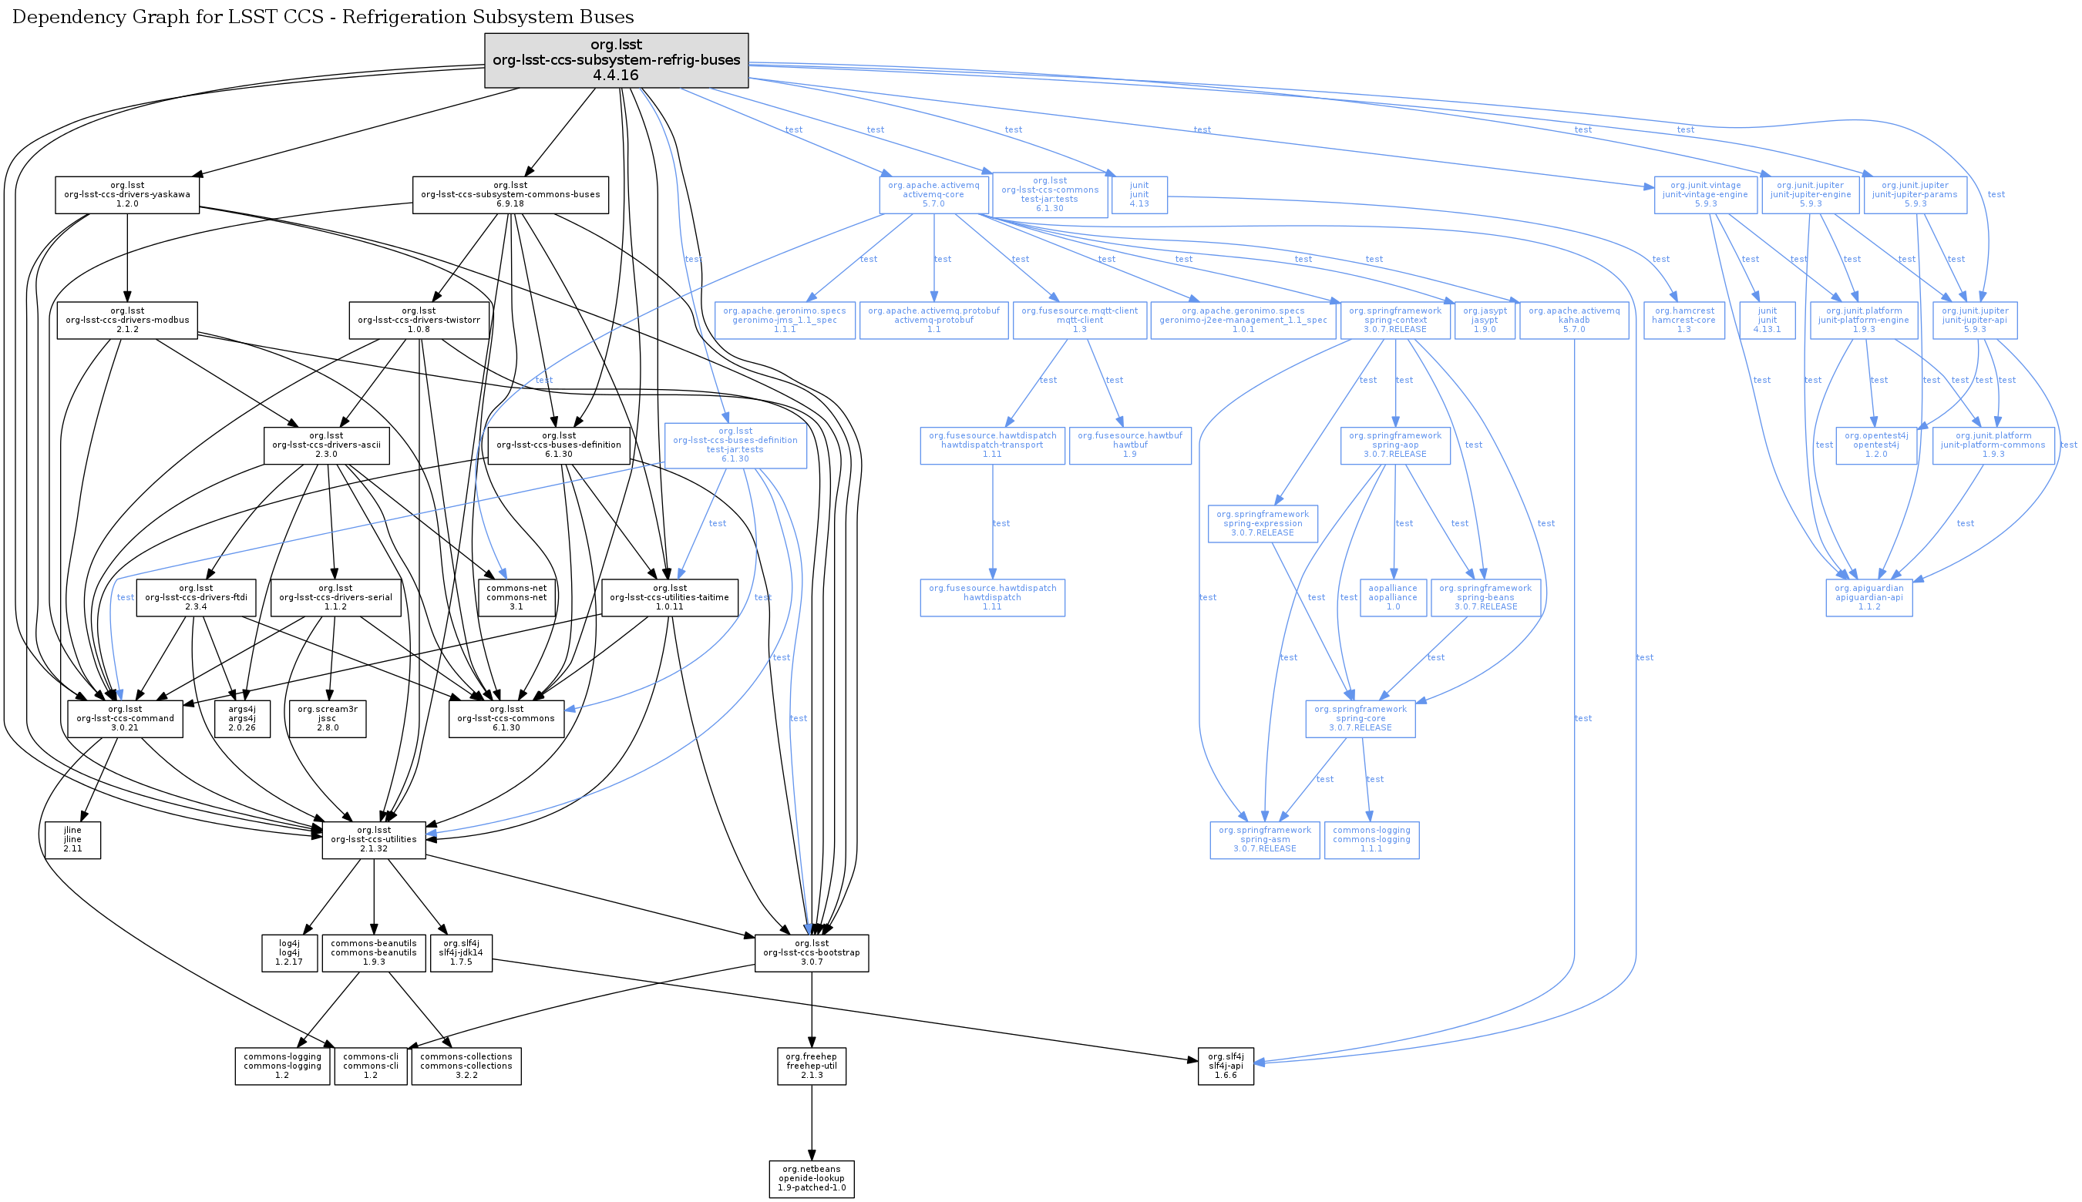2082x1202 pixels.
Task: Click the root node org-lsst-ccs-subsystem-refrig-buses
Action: (x=616, y=60)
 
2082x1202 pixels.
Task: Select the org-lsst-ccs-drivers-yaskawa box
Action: (x=127, y=195)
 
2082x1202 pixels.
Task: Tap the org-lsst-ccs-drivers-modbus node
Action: (x=127, y=321)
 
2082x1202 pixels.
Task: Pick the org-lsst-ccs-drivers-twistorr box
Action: (x=419, y=321)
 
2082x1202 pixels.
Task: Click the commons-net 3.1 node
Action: (x=516, y=598)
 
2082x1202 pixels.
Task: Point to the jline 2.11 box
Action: (x=72, y=840)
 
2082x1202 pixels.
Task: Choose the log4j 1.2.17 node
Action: (x=289, y=952)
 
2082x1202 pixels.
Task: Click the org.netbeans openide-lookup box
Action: (x=811, y=1179)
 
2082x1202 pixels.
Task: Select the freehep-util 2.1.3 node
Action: (x=811, y=1066)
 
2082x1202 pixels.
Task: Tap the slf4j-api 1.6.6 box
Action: (x=1226, y=1066)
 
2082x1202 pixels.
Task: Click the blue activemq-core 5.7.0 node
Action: (x=933, y=195)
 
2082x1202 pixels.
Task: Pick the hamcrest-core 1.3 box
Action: (x=1684, y=321)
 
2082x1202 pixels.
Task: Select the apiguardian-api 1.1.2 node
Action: (x=1869, y=598)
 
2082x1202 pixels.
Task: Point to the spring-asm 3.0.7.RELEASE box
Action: (x=1264, y=840)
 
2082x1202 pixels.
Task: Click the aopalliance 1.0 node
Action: (x=1392, y=598)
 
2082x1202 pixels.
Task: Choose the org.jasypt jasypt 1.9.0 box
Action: (x=1485, y=321)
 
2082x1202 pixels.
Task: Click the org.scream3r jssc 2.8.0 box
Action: (x=327, y=718)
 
